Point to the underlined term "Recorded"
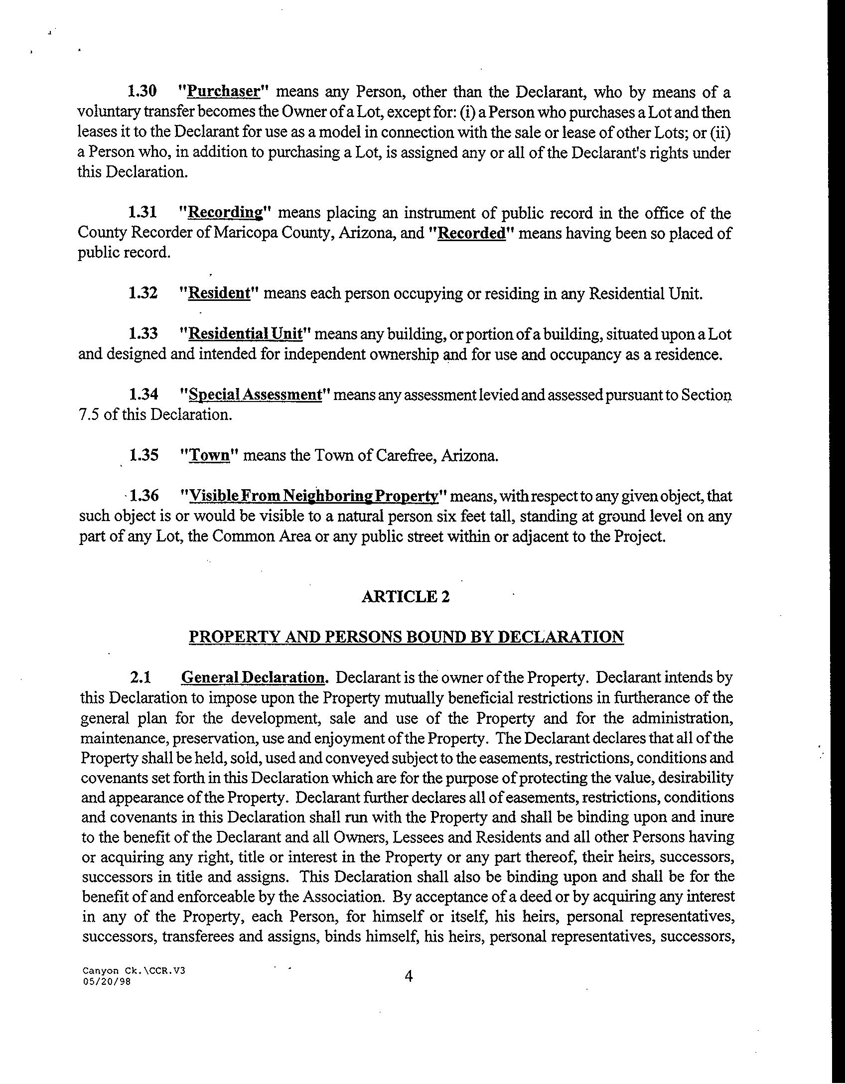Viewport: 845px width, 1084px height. coord(471,233)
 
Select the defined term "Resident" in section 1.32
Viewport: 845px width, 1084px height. coord(219,293)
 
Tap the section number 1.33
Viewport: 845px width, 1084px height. coord(143,333)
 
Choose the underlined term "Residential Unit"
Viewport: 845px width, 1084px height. coord(245,333)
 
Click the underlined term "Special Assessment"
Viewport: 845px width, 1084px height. coord(256,395)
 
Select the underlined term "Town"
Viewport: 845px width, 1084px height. coord(210,455)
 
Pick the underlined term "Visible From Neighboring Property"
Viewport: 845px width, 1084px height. coord(313,496)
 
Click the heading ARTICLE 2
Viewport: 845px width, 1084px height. coord(406,596)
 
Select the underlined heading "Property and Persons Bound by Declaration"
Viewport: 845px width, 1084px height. coord(406,637)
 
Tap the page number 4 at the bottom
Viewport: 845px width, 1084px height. coord(409,976)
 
